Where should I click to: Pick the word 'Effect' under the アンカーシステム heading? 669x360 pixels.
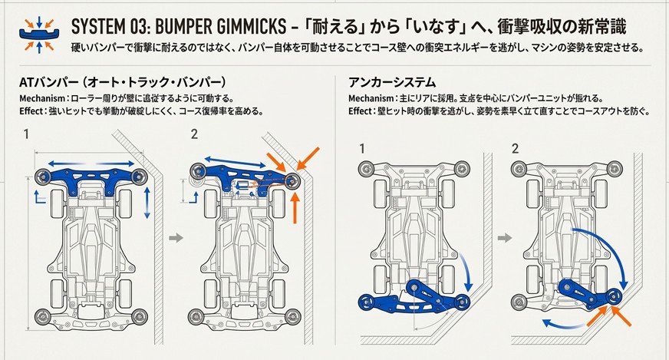[360, 111]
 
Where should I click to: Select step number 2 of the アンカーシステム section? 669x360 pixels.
[516, 148]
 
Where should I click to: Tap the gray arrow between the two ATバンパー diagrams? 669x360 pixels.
[176, 239]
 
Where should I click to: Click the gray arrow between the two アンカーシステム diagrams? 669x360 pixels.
[504, 239]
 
